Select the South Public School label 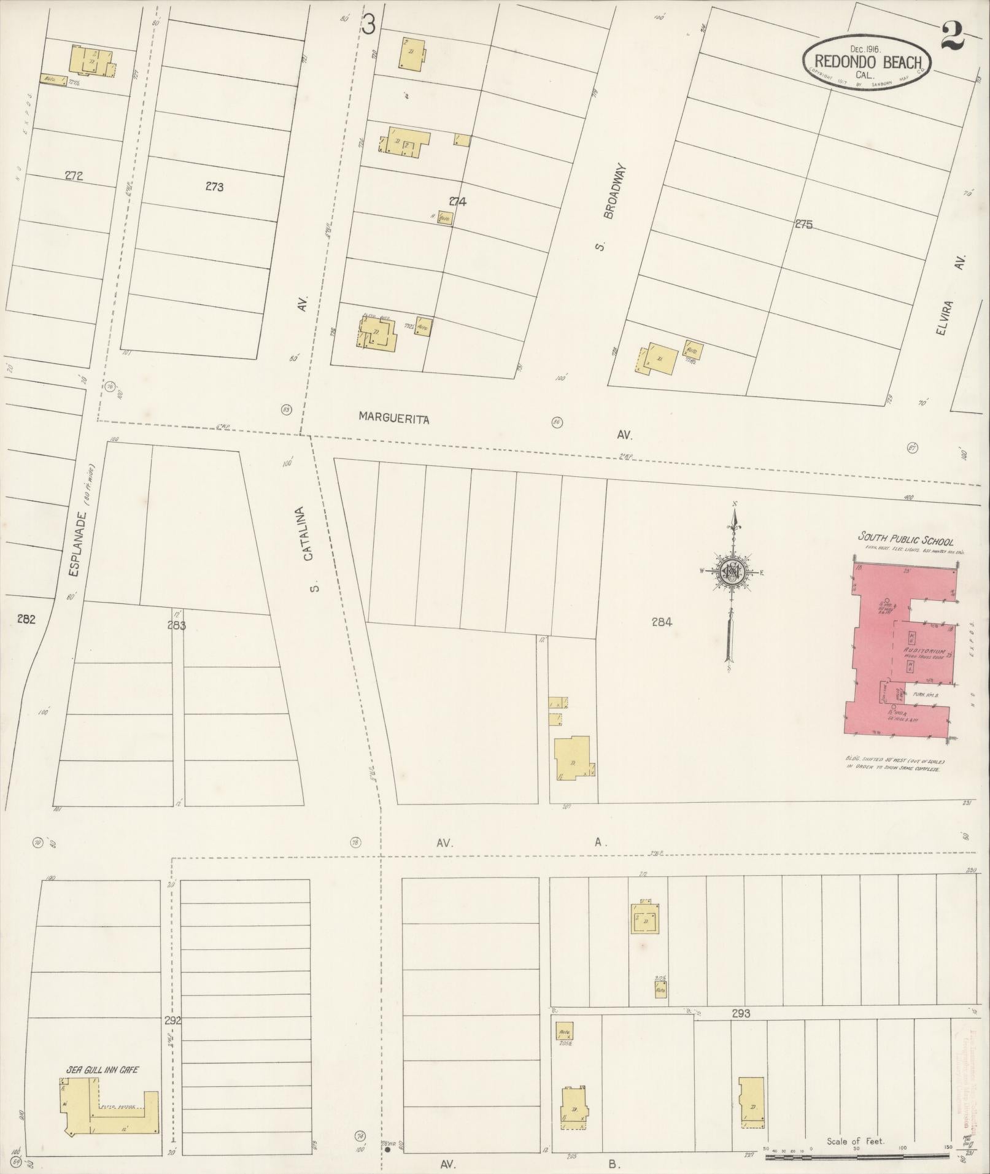(905, 541)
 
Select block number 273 (214, 187)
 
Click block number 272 (74, 176)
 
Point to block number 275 (803, 225)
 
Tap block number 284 (662, 622)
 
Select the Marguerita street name (394, 419)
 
